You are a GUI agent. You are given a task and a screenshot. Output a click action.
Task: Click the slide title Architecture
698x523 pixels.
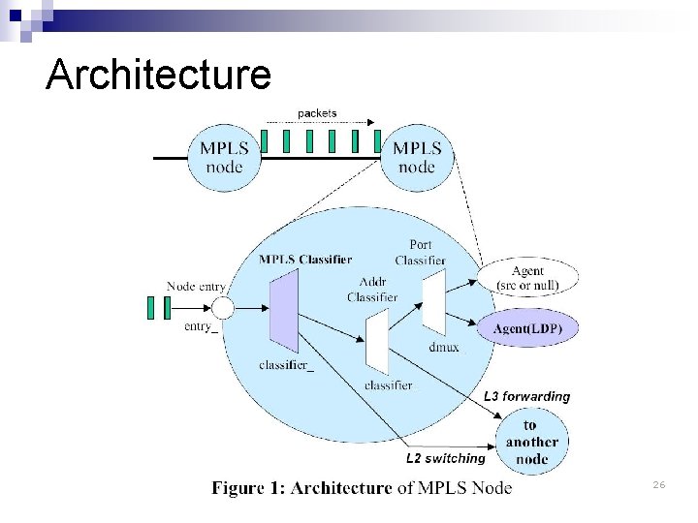pyautogui.click(x=158, y=75)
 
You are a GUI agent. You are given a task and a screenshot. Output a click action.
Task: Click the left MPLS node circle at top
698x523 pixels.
pyautogui.click(x=224, y=157)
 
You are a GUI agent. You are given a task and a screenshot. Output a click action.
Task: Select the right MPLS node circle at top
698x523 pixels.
pyautogui.click(x=417, y=157)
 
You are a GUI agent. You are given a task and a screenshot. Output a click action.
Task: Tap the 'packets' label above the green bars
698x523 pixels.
pyautogui.click(x=317, y=113)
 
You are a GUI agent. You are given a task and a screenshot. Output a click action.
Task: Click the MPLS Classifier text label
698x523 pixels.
pyautogui.click(x=305, y=259)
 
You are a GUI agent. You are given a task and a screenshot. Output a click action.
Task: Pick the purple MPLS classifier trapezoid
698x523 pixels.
pyautogui.click(x=284, y=311)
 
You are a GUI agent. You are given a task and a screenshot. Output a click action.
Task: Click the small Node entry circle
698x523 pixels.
pyautogui.click(x=223, y=308)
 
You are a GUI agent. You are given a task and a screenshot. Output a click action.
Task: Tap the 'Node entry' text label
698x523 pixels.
pyautogui.click(x=196, y=286)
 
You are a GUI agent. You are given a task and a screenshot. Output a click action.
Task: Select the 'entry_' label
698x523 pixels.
pyautogui.click(x=201, y=326)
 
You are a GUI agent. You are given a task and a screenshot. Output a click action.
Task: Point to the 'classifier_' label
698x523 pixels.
pyautogui.click(x=286, y=365)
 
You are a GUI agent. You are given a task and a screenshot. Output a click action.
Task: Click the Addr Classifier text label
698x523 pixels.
pyautogui.click(x=372, y=290)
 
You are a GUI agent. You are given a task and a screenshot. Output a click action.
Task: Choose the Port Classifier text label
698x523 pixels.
pyautogui.click(x=421, y=253)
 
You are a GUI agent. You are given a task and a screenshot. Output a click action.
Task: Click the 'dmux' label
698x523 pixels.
pyautogui.click(x=443, y=347)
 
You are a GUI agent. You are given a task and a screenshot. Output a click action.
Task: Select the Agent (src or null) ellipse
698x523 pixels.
pyautogui.click(x=527, y=278)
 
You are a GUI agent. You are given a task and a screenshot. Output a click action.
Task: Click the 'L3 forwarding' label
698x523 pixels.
pyautogui.click(x=526, y=396)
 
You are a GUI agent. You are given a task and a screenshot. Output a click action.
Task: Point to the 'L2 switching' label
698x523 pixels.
pyautogui.click(x=444, y=458)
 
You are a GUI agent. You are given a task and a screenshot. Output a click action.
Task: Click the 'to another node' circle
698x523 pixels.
pyautogui.click(x=531, y=442)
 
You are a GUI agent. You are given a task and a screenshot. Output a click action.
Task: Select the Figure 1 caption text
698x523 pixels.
pyautogui.click(x=362, y=488)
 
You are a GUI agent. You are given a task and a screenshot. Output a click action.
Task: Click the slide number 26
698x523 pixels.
pyautogui.click(x=658, y=483)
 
